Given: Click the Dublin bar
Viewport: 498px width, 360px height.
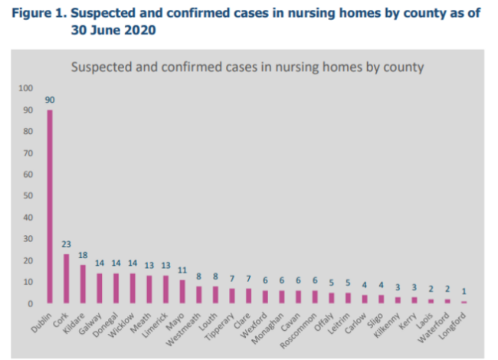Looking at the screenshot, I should pos(50,207).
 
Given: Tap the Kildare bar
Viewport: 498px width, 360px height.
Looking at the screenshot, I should pos(83,284).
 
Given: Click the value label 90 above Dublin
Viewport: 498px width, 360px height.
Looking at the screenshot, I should pos(50,100).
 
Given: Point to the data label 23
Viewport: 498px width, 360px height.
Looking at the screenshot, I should pos(67,244).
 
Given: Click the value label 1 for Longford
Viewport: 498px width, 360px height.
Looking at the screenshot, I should pos(464,292).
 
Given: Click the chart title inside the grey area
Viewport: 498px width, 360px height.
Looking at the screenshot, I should pos(247,67).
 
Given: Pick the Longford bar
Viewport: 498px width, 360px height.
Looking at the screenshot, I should pos(464,302).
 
